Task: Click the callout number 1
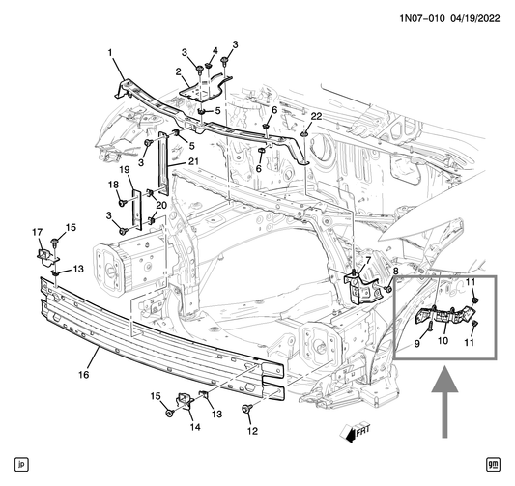pos(109,51)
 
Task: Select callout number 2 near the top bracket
pos(179,71)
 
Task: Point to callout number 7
pos(367,261)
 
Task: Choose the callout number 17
pos(38,231)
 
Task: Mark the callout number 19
pos(124,169)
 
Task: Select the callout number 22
pos(316,117)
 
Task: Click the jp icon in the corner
pos(21,465)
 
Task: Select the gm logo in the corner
pos(494,465)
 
